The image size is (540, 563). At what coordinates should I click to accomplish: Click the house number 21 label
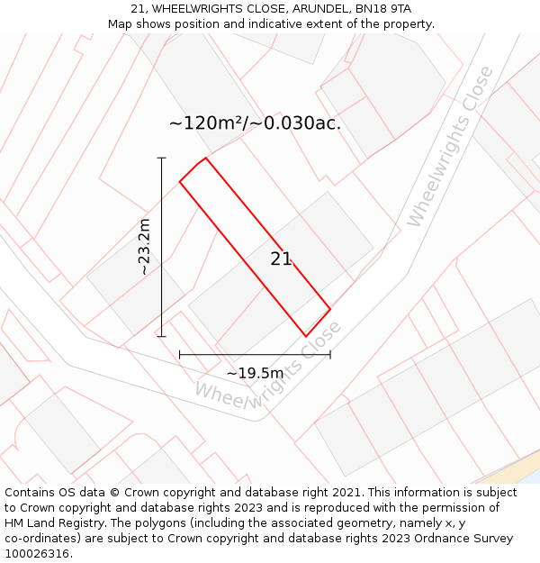[281, 259]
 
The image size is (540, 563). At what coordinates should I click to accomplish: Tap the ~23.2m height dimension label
[144, 247]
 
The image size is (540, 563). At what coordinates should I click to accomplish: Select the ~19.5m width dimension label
[255, 373]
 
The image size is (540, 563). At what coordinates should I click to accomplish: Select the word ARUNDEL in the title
[314, 9]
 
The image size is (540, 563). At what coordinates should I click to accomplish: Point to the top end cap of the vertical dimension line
[162, 159]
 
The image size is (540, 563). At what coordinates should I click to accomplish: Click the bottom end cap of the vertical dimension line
[162, 337]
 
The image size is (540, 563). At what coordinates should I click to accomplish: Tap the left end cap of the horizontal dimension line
[180, 355]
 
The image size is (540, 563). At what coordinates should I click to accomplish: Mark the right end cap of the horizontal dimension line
[330, 355]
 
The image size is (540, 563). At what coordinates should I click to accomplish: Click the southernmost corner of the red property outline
[306, 336]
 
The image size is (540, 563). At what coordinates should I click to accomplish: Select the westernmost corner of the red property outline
[180, 182]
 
